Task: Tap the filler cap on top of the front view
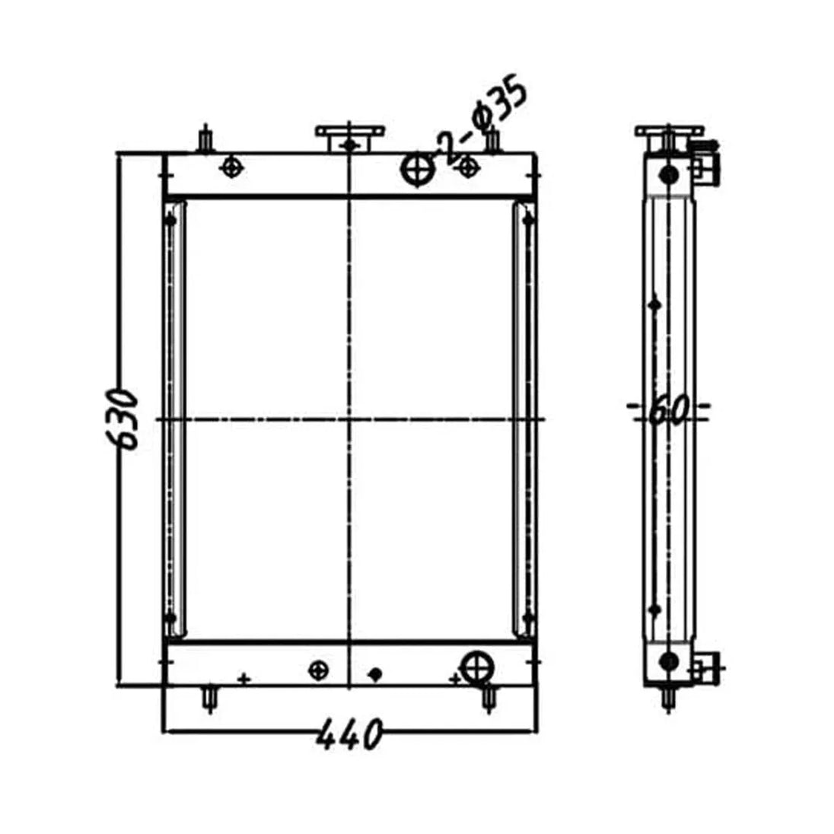click(349, 138)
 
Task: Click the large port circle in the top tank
click(416, 169)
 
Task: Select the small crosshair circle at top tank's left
click(231, 167)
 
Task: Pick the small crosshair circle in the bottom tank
click(319, 670)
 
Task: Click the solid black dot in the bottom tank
click(374, 673)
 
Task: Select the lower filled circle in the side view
click(669, 661)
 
